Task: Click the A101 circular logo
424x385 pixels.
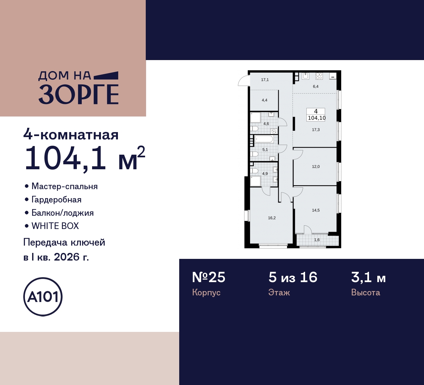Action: tap(43, 297)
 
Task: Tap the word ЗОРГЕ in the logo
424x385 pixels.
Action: tap(79, 94)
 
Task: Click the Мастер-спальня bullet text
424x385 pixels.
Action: tap(64, 186)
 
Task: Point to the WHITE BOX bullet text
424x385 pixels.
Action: tap(55, 226)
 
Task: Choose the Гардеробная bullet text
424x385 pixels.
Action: tap(56, 199)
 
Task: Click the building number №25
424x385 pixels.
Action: tap(209, 277)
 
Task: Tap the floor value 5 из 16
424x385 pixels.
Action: tap(293, 277)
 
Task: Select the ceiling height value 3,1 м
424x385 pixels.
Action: tap(368, 277)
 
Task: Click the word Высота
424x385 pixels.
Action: tap(365, 293)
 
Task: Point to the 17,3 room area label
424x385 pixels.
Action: tap(316, 130)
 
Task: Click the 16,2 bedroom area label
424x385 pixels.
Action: tap(272, 218)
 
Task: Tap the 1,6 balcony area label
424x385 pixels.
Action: tap(317, 240)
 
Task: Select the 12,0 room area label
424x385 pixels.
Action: tap(316, 167)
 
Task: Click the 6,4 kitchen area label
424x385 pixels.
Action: tap(316, 87)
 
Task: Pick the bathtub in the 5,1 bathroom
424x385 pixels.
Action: tap(264, 139)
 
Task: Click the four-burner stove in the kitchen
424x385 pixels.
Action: tap(319, 76)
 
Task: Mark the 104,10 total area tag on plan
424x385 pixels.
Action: tap(317, 118)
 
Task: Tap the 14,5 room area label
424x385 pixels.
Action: tap(316, 210)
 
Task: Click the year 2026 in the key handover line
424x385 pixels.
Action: tap(67, 257)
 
